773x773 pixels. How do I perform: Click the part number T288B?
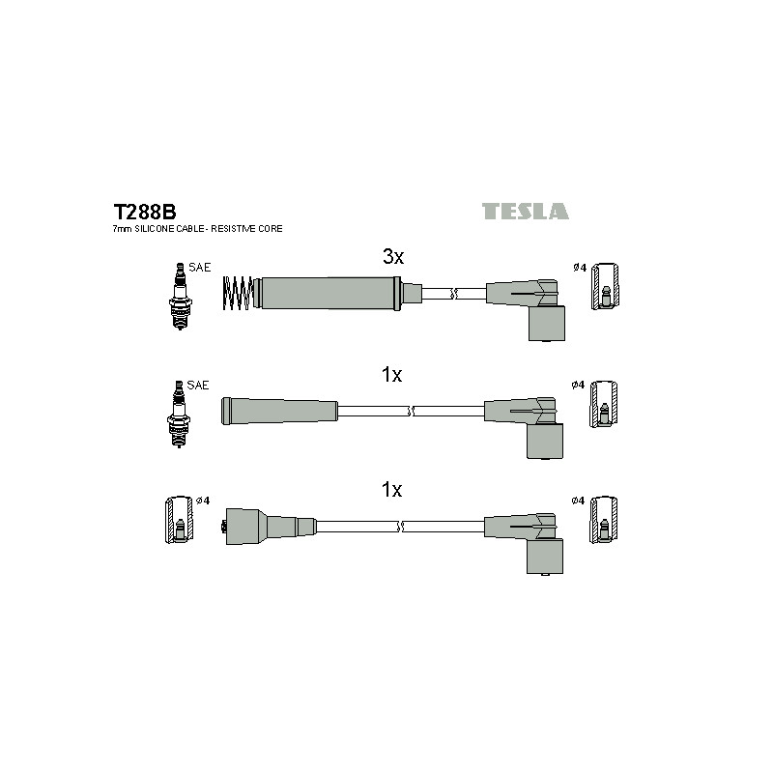click(144, 212)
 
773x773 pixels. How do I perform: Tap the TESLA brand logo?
click(525, 212)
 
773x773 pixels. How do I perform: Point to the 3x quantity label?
click(393, 256)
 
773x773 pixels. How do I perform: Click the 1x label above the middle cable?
click(392, 375)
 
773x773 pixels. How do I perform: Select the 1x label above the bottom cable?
click(392, 490)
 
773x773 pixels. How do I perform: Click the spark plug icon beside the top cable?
click(181, 297)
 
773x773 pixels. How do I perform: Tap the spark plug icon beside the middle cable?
click(179, 415)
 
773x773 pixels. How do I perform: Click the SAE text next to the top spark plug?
click(200, 268)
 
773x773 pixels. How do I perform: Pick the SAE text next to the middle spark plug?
click(198, 385)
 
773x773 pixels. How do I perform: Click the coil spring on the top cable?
click(239, 294)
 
